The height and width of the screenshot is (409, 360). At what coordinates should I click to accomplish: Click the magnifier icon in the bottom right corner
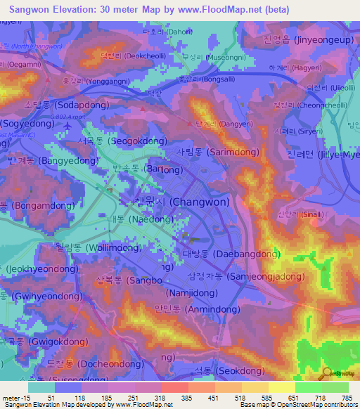click(326, 373)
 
